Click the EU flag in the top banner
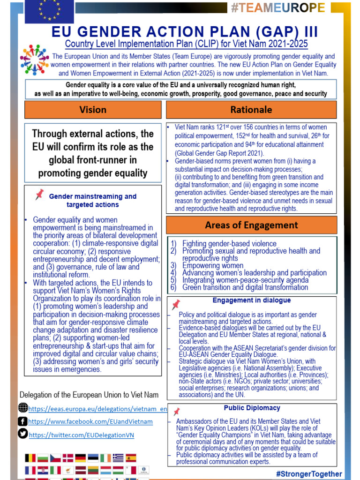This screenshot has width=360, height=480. pyautogui.click(x=49, y=11)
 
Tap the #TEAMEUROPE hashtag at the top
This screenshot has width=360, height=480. pyautogui.click(x=277, y=8)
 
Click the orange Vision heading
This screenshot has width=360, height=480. pyautogui.click(x=93, y=110)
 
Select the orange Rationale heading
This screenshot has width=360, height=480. pyautogui.click(x=251, y=110)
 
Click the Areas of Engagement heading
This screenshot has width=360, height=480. pyautogui.click(x=251, y=225)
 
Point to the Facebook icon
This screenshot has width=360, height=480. pyautogui.click(x=23, y=421)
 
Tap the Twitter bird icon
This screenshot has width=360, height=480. pyautogui.click(x=23, y=434)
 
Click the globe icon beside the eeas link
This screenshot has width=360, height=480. pyautogui.click(x=23, y=408)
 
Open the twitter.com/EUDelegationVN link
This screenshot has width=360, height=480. pyautogui.click(x=82, y=435)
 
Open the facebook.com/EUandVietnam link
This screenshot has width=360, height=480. pyautogui.click(x=90, y=422)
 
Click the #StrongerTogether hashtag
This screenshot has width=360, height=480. pyautogui.click(x=309, y=474)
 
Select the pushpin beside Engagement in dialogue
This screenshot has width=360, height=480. pyautogui.click(x=176, y=305)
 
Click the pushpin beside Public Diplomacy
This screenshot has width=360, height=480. pyautogui.click(x=176, y=412)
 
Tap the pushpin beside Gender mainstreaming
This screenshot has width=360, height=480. pyautogui.click(x=39, y=195)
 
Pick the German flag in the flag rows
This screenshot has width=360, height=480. pyautogui.click(x=81, y=458)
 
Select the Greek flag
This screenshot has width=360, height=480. pyautogui.click(x=118, y=458)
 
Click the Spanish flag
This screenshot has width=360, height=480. pyautogui.click(x=131, y=458)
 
